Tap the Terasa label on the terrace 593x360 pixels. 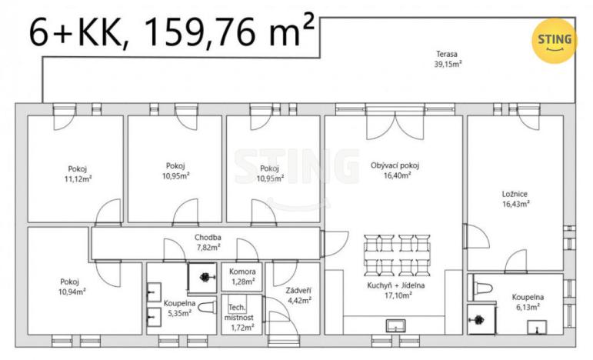point(447,55)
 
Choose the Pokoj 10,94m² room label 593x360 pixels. point(73,286)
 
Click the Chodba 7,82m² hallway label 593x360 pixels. point(207,242)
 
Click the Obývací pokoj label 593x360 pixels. point(395,169)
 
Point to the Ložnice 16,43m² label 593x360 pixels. point(516,199)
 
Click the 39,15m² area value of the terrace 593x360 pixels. point(447,65)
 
